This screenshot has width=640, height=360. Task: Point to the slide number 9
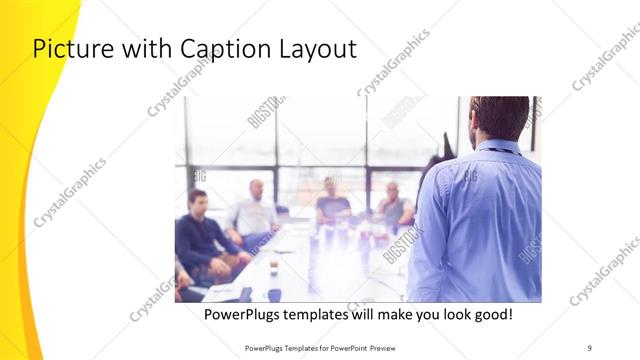[x=589, y=348]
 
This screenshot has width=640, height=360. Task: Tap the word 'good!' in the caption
[x=492, y=314]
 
